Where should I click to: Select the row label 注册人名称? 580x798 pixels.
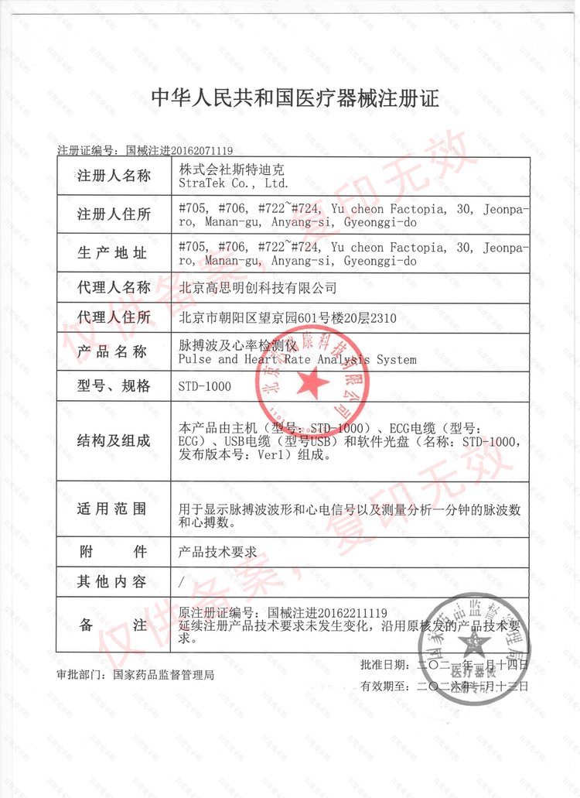114,176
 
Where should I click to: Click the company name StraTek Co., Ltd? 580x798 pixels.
232,183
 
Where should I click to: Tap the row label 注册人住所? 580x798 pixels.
114,214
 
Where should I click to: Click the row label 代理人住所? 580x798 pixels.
114,317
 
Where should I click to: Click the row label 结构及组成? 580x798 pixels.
114,441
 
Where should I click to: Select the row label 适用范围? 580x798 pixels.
114,509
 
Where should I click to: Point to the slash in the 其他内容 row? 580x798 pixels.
181,581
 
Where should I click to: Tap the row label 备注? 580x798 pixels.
114,625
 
